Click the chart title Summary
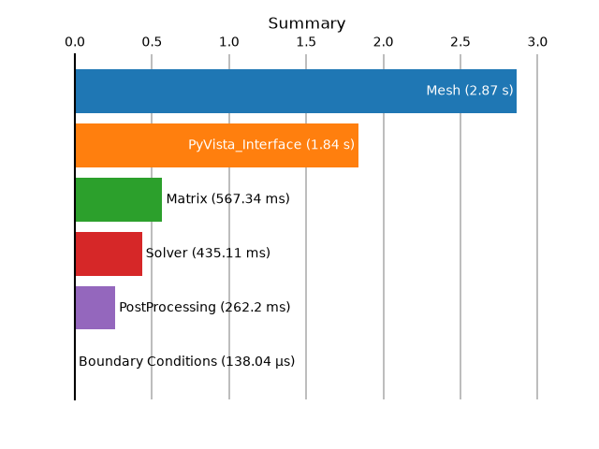(x=307, y=23)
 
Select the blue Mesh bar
(x=296, y=92)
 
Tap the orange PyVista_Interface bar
(x=217, y=146)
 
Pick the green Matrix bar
(x=119, y=199)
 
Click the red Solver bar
(x=109, y=253)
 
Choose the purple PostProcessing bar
(x=95, y=308)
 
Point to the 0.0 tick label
(x=75, y=41)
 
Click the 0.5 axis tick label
(x=152, y=41)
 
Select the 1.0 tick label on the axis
(x=228, y=41)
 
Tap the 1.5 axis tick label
(x=306, y=41)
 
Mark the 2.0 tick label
(x=383, y=41)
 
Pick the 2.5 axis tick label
(x=460, y=41)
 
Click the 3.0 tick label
(x=537, y=41)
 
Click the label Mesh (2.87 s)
(x=470, y=91)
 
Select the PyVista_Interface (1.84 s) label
(x=271, y=145)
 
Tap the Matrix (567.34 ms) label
(x=228, y=199)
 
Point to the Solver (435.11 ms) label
(x=208, y=253)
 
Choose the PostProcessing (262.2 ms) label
(x=205, y=308)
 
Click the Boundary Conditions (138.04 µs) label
(x=187, y=362)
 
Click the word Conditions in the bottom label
(x=183, y=361)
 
